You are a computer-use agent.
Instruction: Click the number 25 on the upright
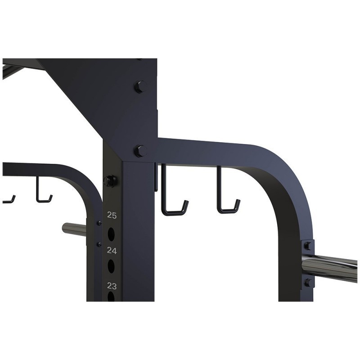tap(112, 216)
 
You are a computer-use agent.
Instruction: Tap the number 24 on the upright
tap(112, 251)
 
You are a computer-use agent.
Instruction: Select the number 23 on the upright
tap(112, 286)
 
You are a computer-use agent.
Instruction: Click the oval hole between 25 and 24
tap(111, 234)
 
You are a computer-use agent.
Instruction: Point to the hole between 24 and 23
tap(111, 266)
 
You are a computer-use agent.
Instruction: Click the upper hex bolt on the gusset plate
tap(140, 87)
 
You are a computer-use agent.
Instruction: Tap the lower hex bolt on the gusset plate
tap(141, 151)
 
